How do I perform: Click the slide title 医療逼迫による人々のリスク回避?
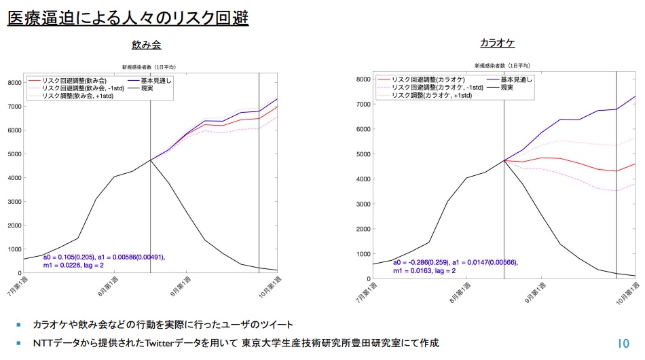[128, 18]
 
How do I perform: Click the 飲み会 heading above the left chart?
[146, 45]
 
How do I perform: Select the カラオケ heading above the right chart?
[497, 43]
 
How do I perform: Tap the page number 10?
[623, 343]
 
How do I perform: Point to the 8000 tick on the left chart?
[14, 82]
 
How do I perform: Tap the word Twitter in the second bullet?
[160, 343]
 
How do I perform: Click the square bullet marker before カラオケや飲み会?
[18, 325]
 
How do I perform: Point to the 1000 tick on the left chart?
[14, 249]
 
